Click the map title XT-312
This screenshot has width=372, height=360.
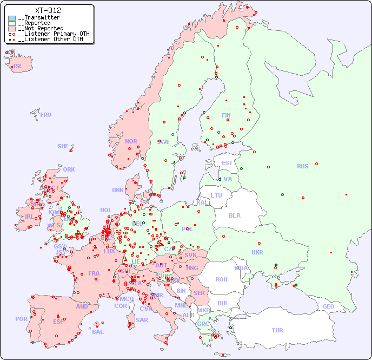48,10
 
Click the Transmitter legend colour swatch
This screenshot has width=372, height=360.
12,18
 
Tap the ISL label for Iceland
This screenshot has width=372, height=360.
18,67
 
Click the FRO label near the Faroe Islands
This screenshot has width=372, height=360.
46,115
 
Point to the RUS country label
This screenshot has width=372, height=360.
302,166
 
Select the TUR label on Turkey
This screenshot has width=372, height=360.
277,330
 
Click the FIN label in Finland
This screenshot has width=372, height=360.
226,115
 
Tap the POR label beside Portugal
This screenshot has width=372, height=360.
21,319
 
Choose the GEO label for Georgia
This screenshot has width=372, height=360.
328,306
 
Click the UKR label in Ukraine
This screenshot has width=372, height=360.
257,252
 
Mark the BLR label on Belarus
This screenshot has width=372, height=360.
234,215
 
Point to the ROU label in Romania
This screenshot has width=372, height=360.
221,279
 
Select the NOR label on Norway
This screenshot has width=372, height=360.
131,141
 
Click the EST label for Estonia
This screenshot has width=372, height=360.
227,163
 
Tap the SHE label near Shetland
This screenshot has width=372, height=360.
63,146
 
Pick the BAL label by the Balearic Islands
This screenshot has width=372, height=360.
98,332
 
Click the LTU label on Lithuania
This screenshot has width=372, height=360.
216,195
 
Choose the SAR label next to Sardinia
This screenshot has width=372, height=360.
142,320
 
